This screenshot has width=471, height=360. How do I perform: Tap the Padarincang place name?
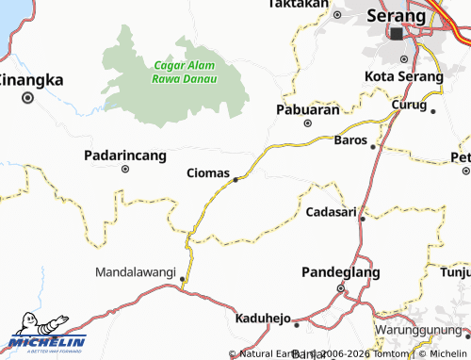[125, 155]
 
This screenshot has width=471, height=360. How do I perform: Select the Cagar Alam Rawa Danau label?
[185, 72]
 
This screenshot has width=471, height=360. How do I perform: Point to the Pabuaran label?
[307, 109]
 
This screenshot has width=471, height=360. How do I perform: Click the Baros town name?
[351, 140]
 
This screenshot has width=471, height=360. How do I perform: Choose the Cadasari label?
[332, 212]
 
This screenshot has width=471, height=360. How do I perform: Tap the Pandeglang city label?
[340, 272]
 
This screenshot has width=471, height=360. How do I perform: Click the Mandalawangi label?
[137, 272]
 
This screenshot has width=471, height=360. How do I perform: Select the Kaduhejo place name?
[263, 318]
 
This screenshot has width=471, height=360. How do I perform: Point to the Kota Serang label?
[403, 76]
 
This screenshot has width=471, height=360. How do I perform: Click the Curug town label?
[410, 105]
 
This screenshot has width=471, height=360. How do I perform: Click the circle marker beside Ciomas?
[235, 177]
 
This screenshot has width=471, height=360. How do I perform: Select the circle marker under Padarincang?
[125, 170]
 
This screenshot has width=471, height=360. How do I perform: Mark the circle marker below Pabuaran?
[307, 123]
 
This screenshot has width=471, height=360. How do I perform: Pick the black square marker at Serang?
[397, 34]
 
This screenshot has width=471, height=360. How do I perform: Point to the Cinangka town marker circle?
[28, 96]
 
